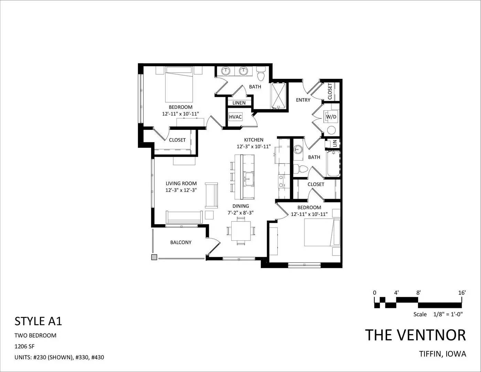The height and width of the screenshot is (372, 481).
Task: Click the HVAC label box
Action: tap(235, 117)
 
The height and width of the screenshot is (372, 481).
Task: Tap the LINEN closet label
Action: tap(239, 103)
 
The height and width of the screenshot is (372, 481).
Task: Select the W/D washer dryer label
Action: tap(331, 117)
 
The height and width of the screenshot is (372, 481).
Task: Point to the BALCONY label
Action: tap(181, 242)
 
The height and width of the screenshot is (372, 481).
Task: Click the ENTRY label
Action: tap(303, 100)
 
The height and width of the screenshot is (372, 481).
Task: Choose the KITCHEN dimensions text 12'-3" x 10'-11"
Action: tap(254, 146)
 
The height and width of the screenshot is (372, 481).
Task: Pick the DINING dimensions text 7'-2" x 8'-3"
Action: tap(240, 213)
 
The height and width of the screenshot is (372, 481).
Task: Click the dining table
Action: tap(241, 231)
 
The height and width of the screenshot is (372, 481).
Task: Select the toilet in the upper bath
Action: tap(261, 73)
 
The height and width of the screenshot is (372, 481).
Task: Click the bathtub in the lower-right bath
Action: tap(333, 164)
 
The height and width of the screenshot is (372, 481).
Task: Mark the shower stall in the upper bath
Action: tap(279, 96)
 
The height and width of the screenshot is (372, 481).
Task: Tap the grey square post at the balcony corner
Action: tap(154, 257)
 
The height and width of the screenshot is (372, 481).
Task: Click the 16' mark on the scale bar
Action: tap(462, 293)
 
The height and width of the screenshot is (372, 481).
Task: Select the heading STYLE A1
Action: tap(38, 321)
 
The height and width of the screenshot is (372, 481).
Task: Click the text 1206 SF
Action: tap(24, 346)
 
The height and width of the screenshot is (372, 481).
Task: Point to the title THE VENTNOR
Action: tap(416, 335)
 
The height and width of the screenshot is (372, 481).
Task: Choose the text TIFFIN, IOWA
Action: tap(443, 354)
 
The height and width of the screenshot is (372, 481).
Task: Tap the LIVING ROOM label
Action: tap(181, 184)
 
